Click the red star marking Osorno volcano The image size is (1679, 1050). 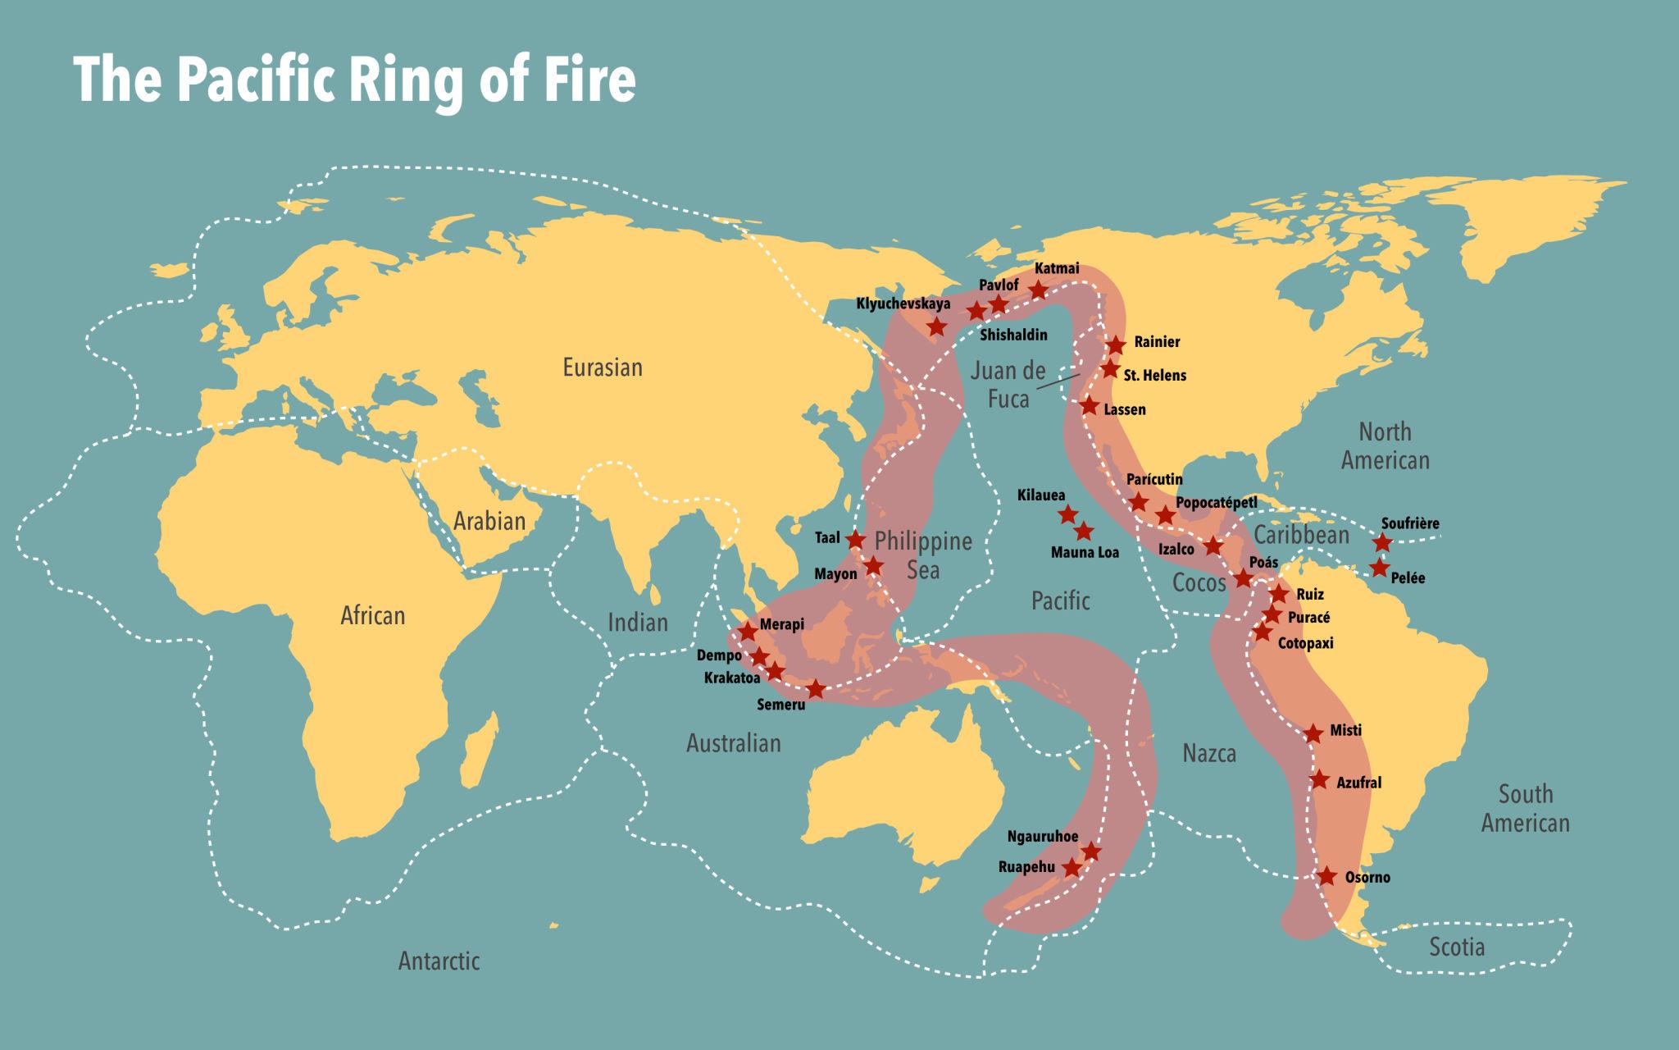pyautogui.click(x=1327, y=876)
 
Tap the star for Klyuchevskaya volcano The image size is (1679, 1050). pyautogui.click(x=937, y=326)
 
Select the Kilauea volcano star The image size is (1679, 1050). pyautogui.click(x=1067, y=514)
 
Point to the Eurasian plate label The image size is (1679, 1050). pyautogui.click(x=603, y=367)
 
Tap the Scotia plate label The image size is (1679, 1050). pyautogui.click(x=1457, y=947)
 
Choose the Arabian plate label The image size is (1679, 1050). pyautogui.click(x=489, y=521)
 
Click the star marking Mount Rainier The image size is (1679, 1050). pyautogui.click(x=1115, y=345)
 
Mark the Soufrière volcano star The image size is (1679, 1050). pyautogui.click(x=1382, y=542)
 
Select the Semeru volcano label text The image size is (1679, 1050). pyautogui.click(x=781, y=705)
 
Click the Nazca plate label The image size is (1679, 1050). pyautogui.click(x=1209, y=753)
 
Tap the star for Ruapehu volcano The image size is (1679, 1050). pyautogui.click(x=1072, y=868)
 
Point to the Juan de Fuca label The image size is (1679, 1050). pyautogui.click(x=1008, y=384)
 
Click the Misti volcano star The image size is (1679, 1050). pyautogui.click(x=1313, y=733)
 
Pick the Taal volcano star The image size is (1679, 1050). pyautogui.click(x=855, y=540)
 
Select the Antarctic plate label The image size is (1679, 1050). pyautogui.click(x=439, y=961)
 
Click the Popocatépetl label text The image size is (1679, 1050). pyautogui.click(x=1216, y=502)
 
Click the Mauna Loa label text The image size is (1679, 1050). pyautogui.click(x=1085, y=553)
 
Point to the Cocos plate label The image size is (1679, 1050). pyautogui.click(x=1199, y=582)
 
